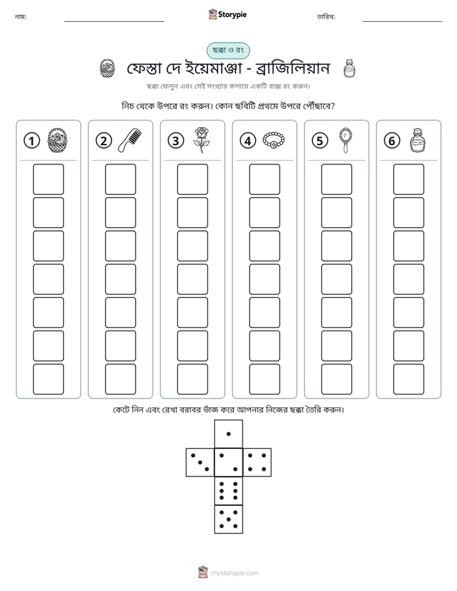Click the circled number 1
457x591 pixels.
31,141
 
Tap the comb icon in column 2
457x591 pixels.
130,140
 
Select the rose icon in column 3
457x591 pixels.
202,140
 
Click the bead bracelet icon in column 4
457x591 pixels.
273,141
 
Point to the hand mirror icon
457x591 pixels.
346,140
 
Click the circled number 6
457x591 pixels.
392,141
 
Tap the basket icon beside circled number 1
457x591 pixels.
58,140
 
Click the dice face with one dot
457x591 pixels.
228,434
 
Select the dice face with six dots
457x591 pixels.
228,491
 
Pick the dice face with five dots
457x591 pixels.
228,519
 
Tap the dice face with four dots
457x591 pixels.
257,462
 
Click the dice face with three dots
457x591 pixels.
200,462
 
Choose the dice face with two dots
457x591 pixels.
228,462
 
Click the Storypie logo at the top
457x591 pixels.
227,14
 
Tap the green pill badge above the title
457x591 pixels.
228,51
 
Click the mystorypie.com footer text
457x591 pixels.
234,573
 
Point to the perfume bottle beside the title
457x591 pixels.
349,68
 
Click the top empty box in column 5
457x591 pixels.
337,179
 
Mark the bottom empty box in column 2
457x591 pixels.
120,379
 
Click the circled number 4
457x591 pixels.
248,141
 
